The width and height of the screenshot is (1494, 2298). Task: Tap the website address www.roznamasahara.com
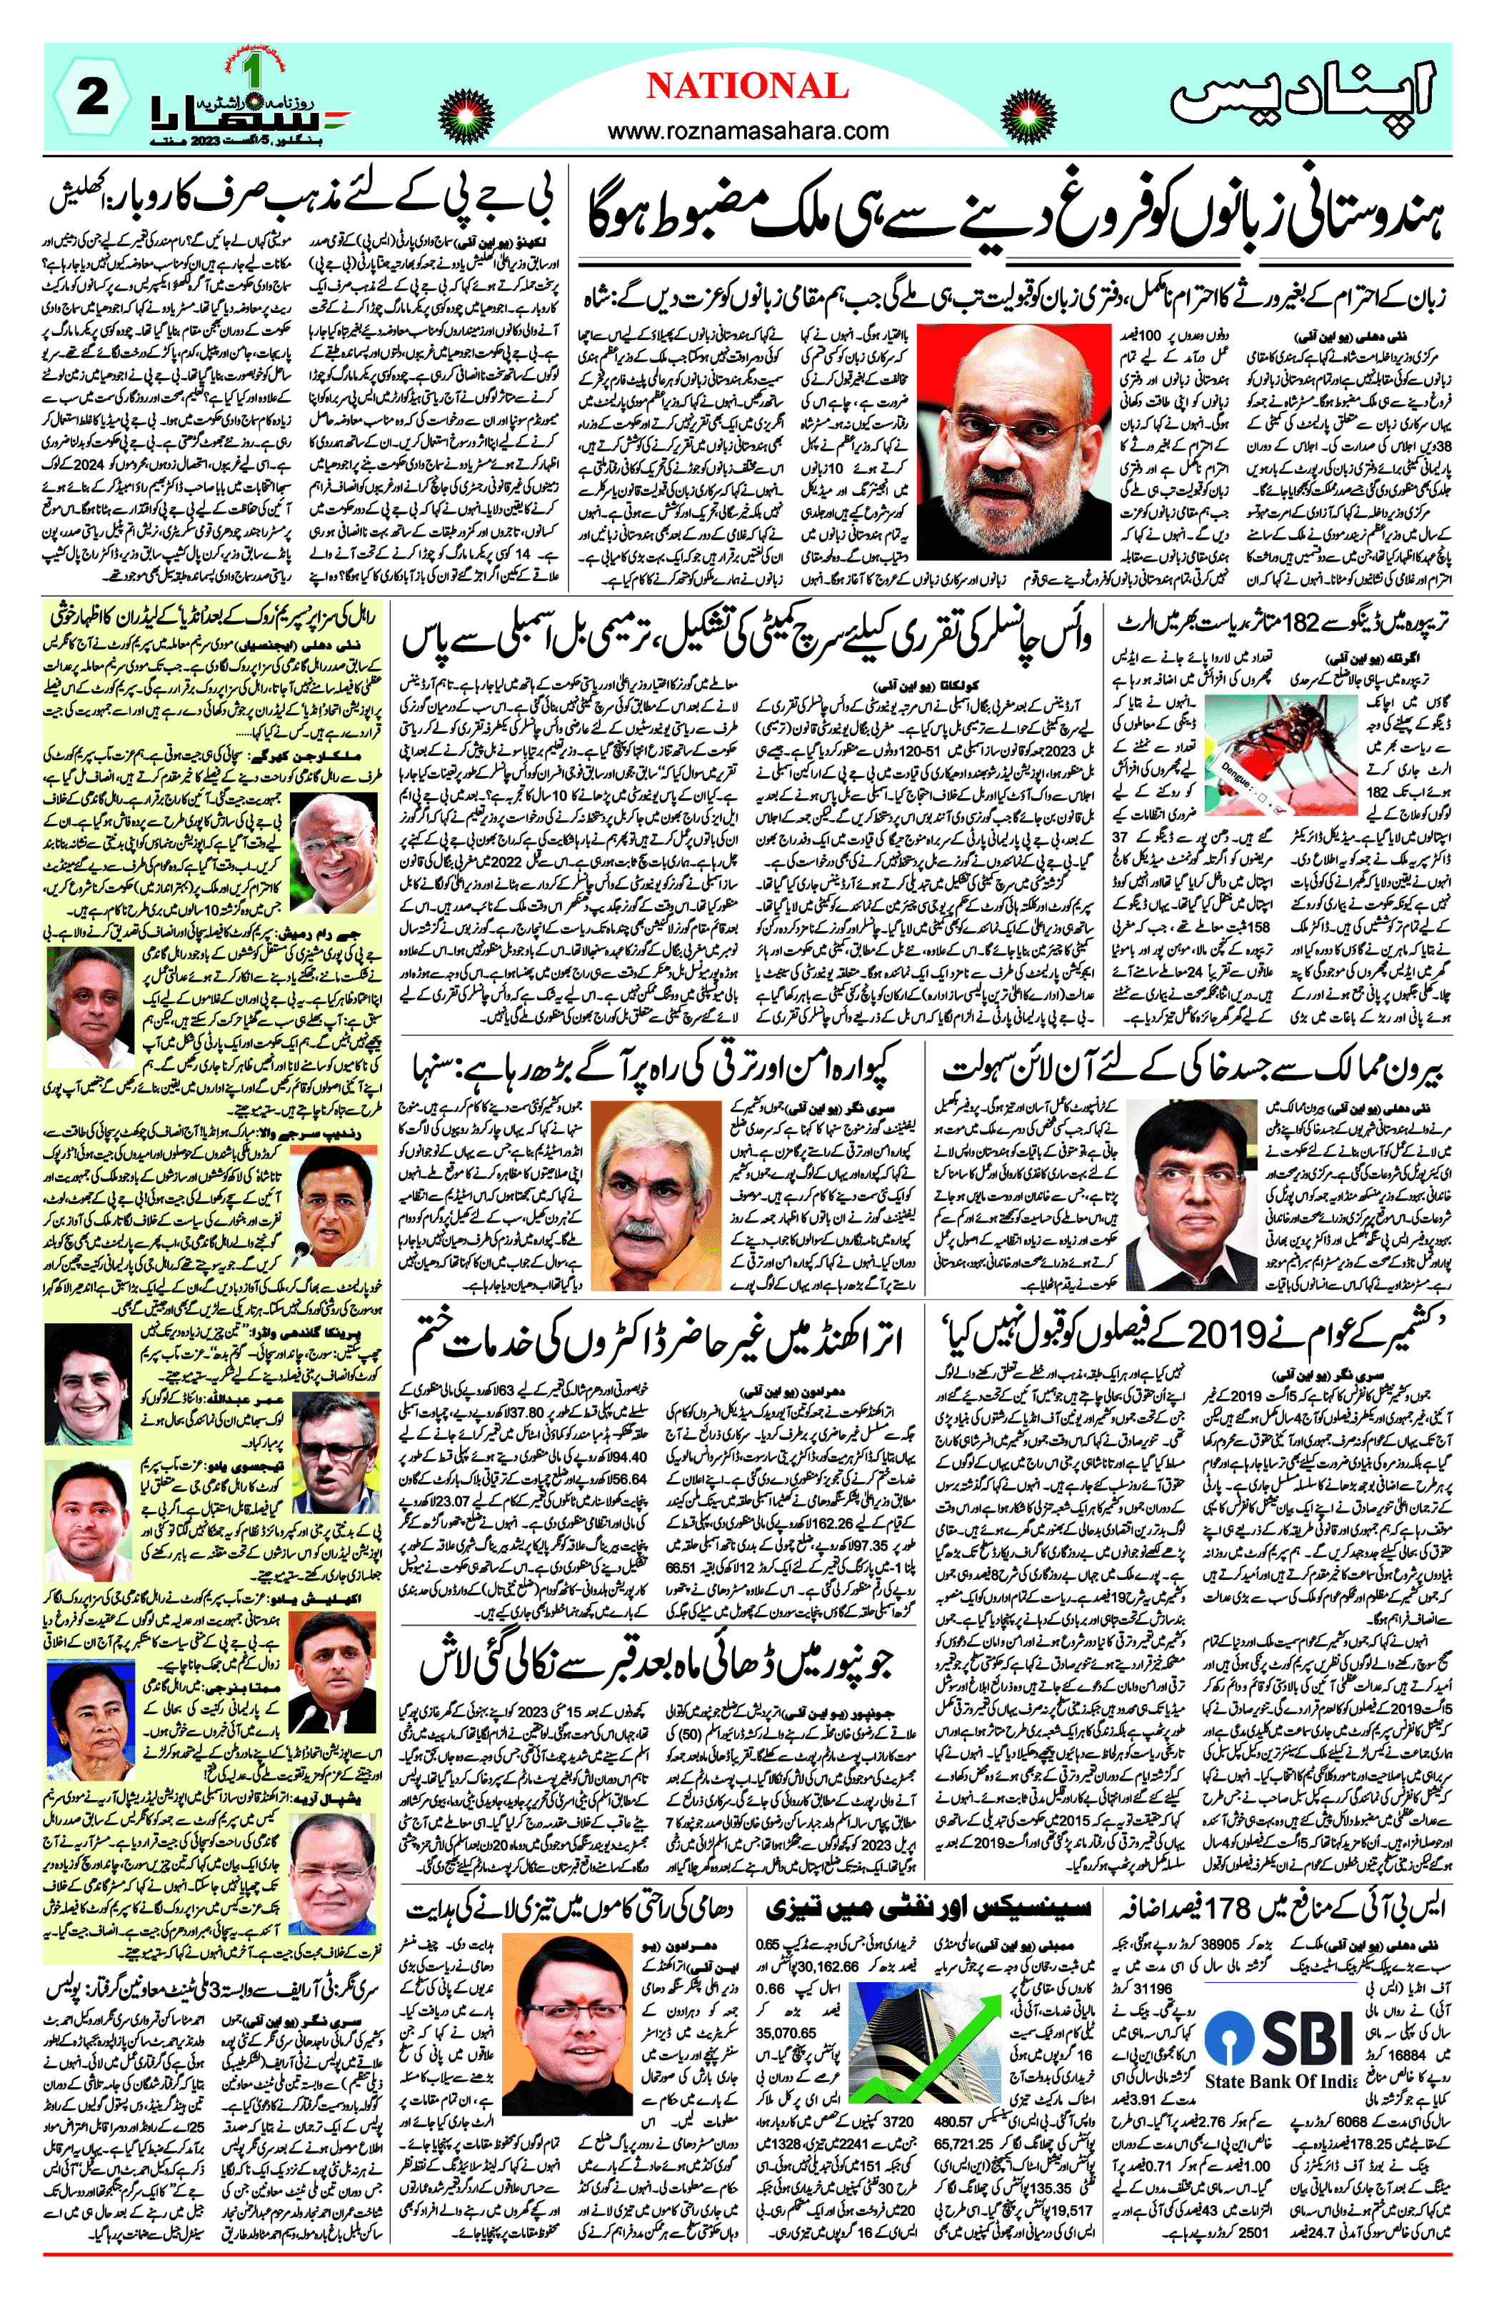(x=748, y=130)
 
